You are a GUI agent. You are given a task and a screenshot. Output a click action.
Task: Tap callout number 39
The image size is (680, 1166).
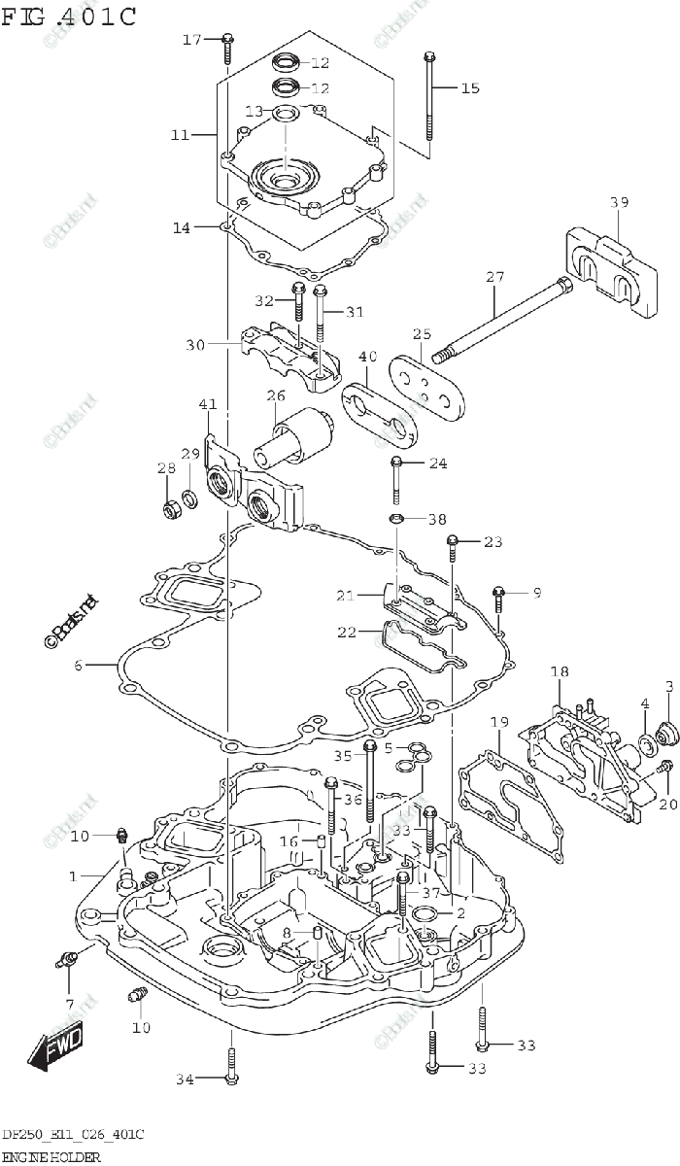[619, 202]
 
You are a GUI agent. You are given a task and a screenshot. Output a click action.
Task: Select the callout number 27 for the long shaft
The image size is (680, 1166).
[494, 277]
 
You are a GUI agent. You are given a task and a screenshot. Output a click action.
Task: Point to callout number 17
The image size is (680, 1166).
[191, 39]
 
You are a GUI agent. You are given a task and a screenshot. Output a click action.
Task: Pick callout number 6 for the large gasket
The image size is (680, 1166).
[79, 666]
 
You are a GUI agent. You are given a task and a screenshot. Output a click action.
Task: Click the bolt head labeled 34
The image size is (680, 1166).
[229, 1077]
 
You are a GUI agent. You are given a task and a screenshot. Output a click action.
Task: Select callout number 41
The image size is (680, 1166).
[208, 403]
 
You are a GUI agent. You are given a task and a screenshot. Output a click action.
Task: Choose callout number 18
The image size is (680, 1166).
[559, 671]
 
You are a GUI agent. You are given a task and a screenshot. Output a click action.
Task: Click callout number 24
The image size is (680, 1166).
[437, 463]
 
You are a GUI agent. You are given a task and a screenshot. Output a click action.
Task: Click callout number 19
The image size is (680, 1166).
[498, 722]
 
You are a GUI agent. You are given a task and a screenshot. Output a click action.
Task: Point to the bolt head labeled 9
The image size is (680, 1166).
[499, 592]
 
